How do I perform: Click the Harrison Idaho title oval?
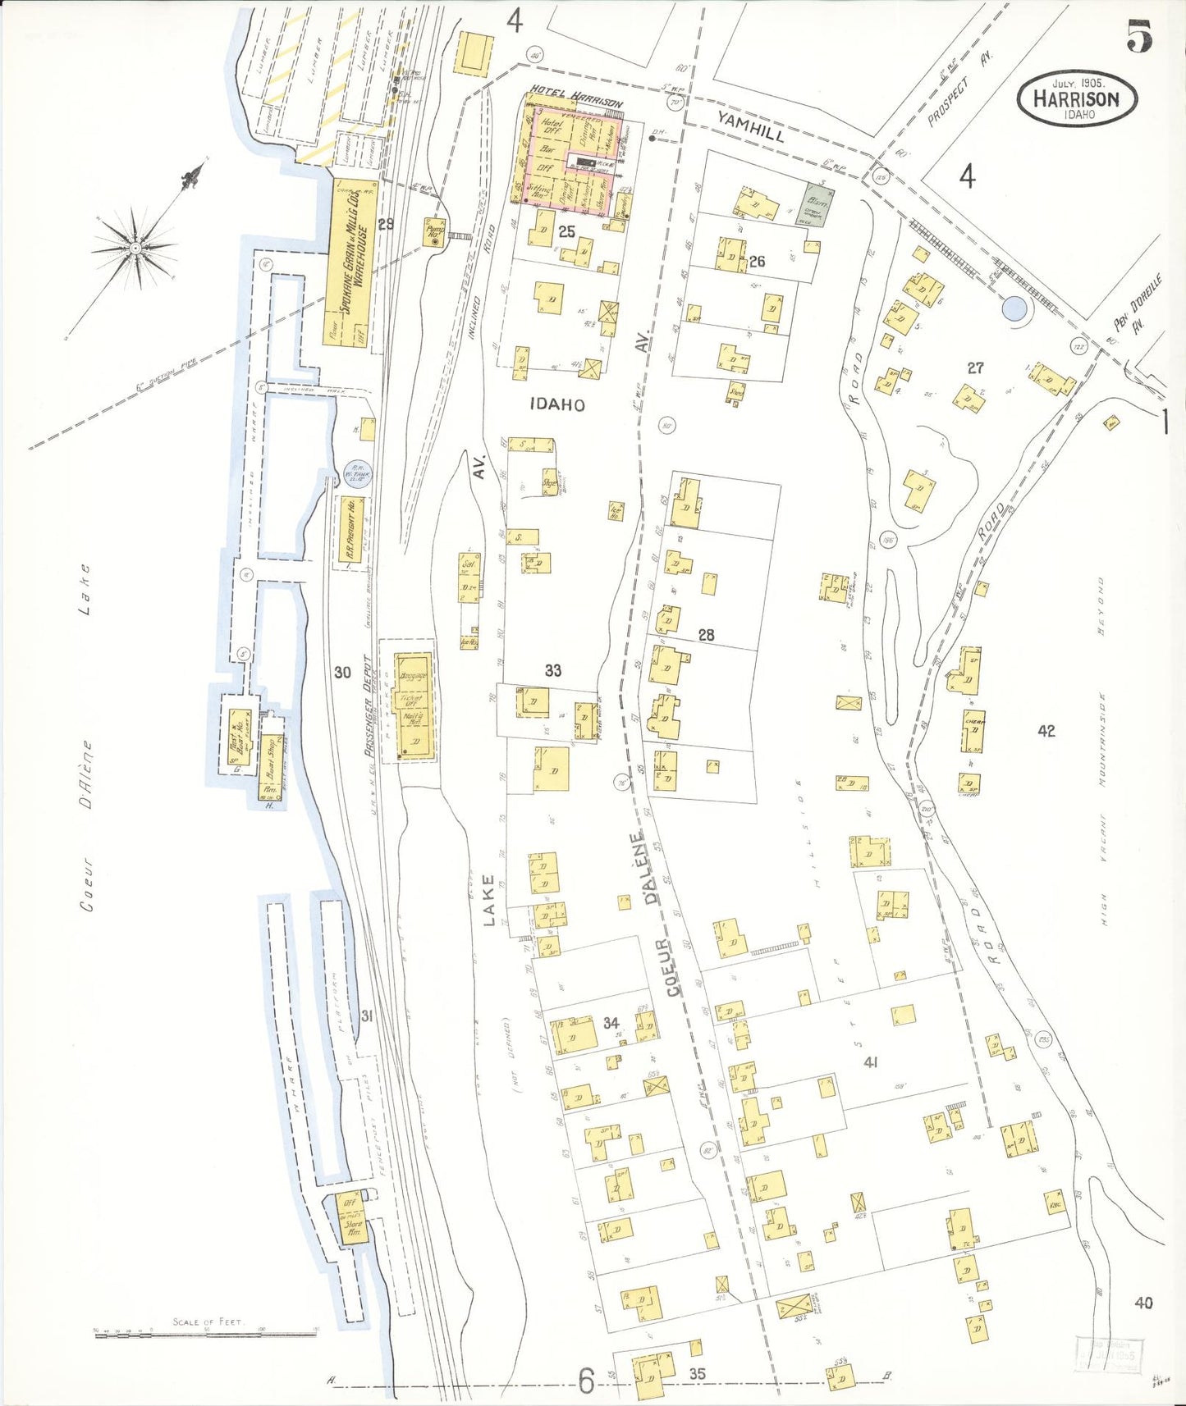(1077, 99)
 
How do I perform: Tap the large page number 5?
(1139, 35)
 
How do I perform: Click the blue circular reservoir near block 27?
(1014, 308)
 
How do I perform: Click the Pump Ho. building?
(433, 232)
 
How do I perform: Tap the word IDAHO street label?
(557, 404)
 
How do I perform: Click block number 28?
(706, 635)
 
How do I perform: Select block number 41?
(871, 1062)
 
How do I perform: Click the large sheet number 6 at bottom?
(585, 1381)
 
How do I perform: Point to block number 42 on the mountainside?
(1046, 731)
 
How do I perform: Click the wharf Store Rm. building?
(353, 1218)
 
